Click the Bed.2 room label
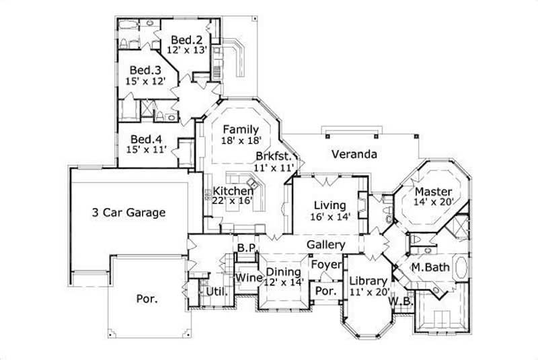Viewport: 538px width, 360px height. click(x=183, y=39)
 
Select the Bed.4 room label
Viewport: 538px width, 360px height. click(x=145, y=139)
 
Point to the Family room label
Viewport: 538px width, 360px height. click(x=241, y=129)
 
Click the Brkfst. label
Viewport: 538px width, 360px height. click(x=273, y=156)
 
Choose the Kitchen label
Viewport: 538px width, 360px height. click(x=234, y=192)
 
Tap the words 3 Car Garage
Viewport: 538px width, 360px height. click(x=128, y=213)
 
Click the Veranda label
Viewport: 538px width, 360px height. click(x=354, y=154)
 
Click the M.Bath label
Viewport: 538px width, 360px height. click(x=430, y=267)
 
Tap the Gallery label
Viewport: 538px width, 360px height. click(x=326, y=245)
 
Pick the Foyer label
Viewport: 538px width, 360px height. click(x=326, y=264)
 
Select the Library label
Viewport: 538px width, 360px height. click(x=369, y=281)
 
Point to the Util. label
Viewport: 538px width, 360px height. click(x=215, y=292)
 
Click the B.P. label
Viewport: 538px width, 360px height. click(x=246, y=248)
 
